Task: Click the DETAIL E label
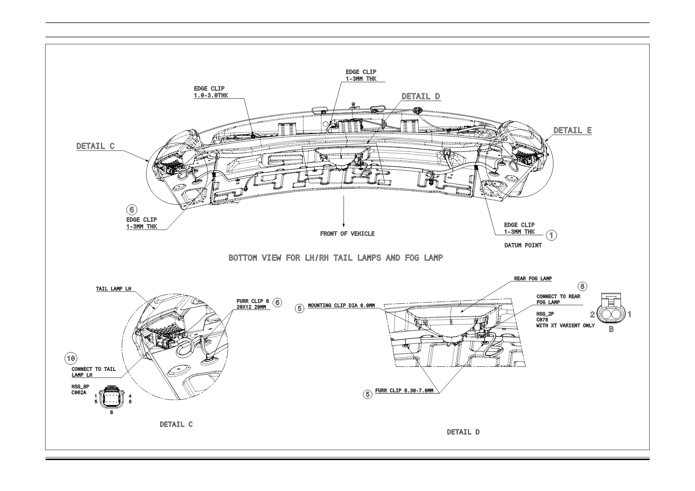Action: tap(572, 130)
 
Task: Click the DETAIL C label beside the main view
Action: tap(95, 146)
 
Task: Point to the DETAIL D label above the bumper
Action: tap(421, 96)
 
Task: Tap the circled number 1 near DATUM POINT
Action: tap(551, 235)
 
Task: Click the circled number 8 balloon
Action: tap(582, 287)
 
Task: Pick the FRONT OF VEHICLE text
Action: tap(347, 234)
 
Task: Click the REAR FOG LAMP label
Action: tap(533, 279)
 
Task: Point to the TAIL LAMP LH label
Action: tap(113, 289)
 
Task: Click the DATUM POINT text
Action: tap(523, 246)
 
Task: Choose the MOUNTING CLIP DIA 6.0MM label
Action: tap(341, 306)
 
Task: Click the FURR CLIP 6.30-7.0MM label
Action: tap(404, 391)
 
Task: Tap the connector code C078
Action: tap(542, 320)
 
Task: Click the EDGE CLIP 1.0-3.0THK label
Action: tap(211, 92)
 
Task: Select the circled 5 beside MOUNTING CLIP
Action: tap(300, 308)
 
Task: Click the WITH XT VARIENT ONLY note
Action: tap(565, 326)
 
